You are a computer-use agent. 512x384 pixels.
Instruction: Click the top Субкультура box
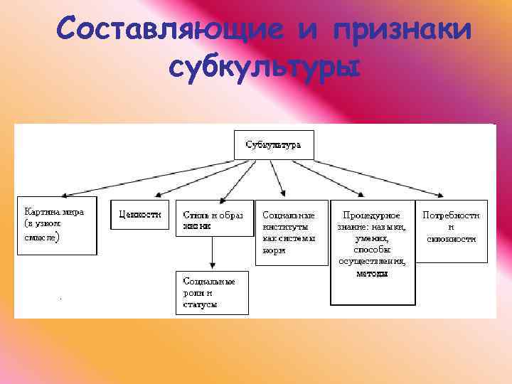tap(273, 145)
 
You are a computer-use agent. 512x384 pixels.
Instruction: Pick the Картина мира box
tap(56, 226)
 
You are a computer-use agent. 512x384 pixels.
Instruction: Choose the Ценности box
tap(140, 214)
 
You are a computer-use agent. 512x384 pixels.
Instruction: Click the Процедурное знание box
tap(371, 252)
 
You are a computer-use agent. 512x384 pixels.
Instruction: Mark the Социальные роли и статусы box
tap(212, 292)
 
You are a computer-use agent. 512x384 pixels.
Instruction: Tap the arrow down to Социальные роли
tap(212, 252)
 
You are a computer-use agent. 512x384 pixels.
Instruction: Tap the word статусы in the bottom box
tap(200, 304)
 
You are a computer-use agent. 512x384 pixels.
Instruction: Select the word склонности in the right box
tap(451, 238)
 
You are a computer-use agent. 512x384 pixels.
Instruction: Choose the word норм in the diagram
tap(274, 250)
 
